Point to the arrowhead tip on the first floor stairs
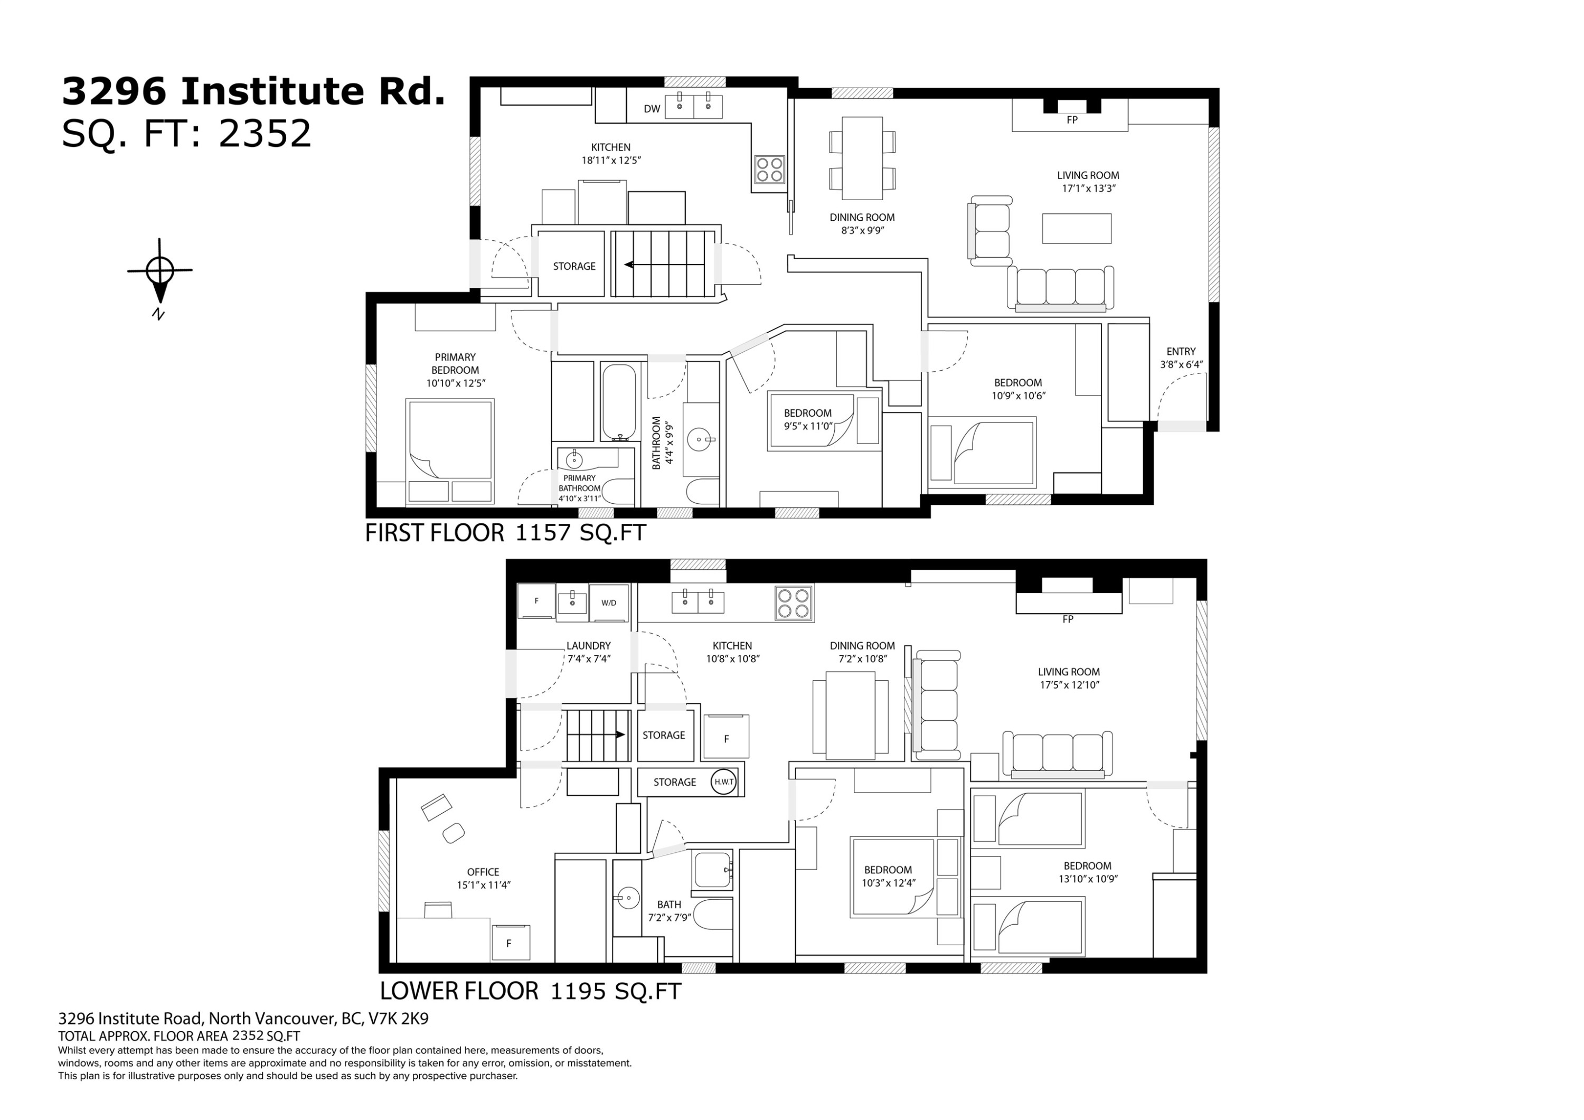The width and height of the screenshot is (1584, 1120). (x=624, y=265)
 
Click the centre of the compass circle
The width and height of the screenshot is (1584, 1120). (x=160, y=269)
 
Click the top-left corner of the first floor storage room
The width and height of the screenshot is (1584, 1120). (x=538, y=231)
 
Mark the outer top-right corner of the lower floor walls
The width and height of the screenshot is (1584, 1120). (x=1206, y=560)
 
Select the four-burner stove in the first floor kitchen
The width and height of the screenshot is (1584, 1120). (x=769, y=169)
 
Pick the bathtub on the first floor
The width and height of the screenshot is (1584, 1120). (x=619, y=402)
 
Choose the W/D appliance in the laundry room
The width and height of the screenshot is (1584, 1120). (x=608, y=602)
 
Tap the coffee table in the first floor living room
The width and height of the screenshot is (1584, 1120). (x=1076, y=229)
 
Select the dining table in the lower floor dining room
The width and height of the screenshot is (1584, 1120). (x=851, y=714)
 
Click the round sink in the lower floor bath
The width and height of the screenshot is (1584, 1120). (x=628, y=899)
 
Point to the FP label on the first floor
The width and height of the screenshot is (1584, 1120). (x=1071, y=120)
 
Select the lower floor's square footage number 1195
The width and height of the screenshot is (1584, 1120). (x=578, y=992)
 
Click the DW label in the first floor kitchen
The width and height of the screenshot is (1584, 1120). (x=652, y=109)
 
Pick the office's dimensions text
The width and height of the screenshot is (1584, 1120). (x=483, y=886)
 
